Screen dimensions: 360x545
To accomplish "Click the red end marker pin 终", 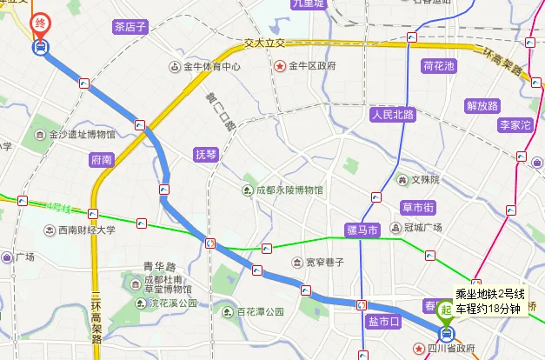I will pos(40,23).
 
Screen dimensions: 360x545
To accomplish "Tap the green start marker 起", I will pos(447,309).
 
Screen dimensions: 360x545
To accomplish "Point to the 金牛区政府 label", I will pos(311,66).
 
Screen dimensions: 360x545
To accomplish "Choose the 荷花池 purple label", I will pos(439,66).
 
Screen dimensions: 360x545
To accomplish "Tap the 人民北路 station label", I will pos(392,114).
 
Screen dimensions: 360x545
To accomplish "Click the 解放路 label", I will pos(482,106).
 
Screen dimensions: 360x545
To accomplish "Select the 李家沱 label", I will pos(514,125).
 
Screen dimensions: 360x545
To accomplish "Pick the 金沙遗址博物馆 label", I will pos(82,135).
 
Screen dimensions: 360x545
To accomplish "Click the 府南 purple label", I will pos(102,160).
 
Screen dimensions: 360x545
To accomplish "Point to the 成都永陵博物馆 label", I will pos(289,190).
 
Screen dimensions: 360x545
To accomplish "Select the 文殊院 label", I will pos(425,180).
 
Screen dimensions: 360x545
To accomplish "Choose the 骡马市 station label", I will pos(362,230).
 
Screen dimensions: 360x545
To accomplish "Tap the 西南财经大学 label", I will pos(86,230).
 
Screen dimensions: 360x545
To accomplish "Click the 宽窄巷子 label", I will pos(324,262).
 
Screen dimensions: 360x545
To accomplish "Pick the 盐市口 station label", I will pos(383,323).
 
